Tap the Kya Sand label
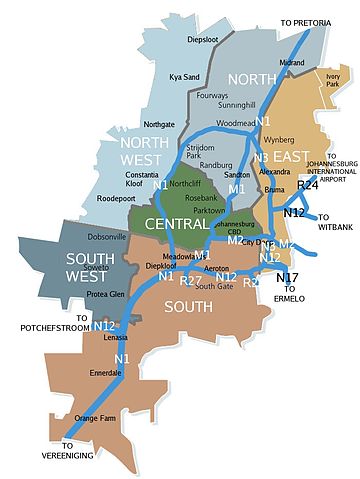point(186,76)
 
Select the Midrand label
point(292,62)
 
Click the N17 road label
point(289,277)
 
